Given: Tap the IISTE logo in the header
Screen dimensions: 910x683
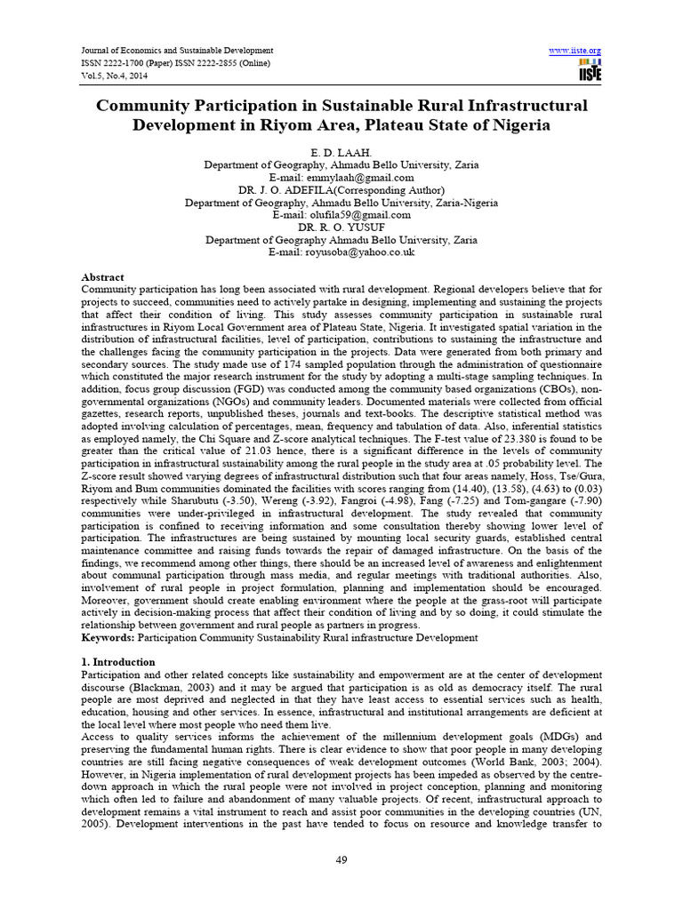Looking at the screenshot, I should [x=589, y=72].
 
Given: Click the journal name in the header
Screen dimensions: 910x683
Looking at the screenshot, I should [x=177, y=51].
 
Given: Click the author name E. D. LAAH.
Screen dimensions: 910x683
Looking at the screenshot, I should [x=341, y=154].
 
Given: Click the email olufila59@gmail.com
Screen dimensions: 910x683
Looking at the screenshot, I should [x=367, y=215].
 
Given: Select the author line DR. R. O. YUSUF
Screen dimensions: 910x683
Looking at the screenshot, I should [x=341, y=227].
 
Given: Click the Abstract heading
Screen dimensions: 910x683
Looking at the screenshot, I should [x=102, y=277].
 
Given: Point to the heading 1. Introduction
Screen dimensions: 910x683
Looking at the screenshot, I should [x=118, y=662].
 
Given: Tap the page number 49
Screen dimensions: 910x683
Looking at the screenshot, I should [x=341, y=858].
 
